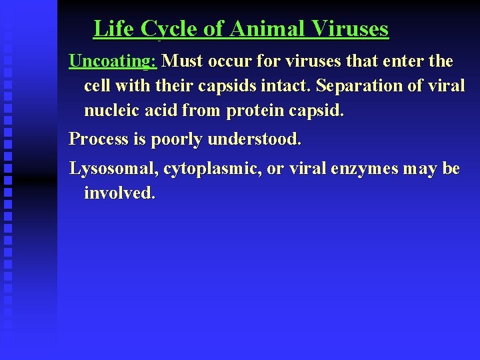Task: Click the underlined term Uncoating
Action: click(112, 61)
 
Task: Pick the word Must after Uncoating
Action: click(183, 61)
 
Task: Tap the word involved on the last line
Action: click(119, 193)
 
